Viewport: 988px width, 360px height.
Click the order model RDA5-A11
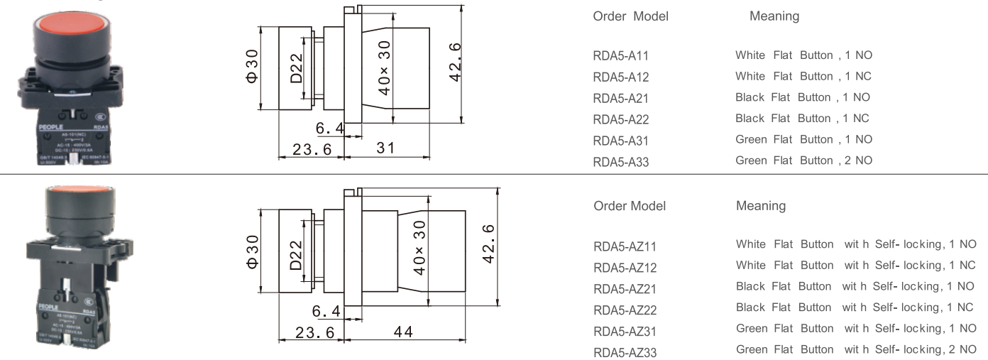[620, 55]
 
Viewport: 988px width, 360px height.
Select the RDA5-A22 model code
[620, 119]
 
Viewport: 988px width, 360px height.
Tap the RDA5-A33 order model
[620, 162]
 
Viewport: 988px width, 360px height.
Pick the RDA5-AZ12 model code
[625, 268]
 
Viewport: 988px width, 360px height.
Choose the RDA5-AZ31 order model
[625, 331]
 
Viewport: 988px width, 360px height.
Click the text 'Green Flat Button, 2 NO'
[803, 160]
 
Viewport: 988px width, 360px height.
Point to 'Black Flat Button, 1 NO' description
[802, 97]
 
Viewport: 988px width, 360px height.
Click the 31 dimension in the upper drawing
[385, 148]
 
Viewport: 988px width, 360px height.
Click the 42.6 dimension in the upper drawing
[455, 62]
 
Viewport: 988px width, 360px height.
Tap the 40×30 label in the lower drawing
[419, 247]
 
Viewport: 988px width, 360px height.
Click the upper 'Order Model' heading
[630, 16]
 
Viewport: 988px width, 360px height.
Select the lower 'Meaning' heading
[760, 206]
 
